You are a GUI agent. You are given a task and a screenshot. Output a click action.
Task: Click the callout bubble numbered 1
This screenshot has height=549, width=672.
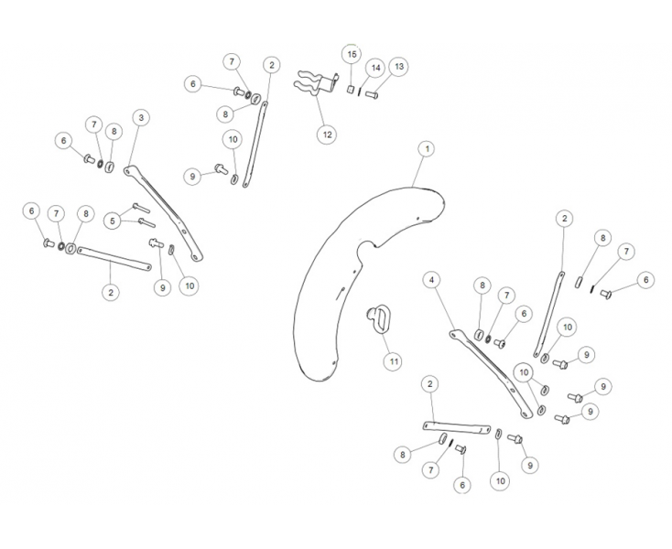coord(425,147)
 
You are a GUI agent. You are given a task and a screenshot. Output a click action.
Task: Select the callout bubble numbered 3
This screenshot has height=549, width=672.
coord(140,118)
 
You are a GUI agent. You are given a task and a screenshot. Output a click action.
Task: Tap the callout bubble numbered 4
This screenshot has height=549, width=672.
coord(432,279)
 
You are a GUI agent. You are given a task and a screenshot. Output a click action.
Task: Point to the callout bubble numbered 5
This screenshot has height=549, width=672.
coord(112,220)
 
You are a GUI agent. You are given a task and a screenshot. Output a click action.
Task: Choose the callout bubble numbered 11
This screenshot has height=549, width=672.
coord(393,361)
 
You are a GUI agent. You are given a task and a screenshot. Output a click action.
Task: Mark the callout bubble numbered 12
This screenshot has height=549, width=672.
coord(326,134)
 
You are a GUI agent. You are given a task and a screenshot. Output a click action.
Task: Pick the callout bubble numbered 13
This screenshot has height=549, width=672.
coord(398,66)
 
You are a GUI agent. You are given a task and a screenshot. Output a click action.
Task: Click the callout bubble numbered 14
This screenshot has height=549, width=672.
coord(374,68)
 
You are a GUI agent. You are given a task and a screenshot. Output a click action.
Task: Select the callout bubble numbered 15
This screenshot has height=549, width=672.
coord(351,55)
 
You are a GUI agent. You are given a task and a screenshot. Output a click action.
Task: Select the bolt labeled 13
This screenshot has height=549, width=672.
coord(372,94)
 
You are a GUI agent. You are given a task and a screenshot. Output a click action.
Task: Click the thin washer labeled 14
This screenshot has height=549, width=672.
coord(361,92)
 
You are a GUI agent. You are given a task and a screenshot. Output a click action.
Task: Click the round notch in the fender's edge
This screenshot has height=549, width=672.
coord(368,248)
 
